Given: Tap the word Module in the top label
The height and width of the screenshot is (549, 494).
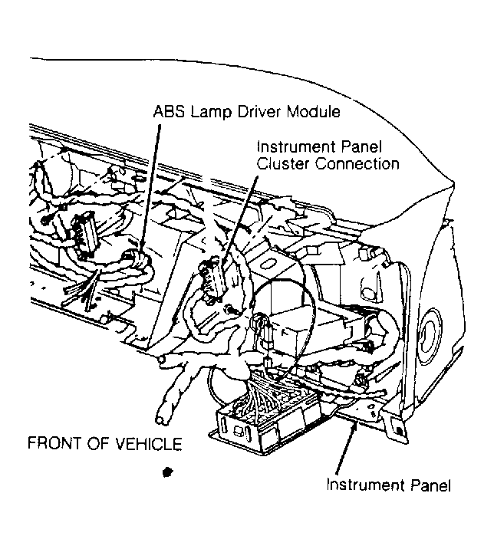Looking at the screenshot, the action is coord(314,111).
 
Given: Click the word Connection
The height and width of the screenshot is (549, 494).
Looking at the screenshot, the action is coord(357,163).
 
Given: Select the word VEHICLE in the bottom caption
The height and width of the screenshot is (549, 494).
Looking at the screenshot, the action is coord(149,444).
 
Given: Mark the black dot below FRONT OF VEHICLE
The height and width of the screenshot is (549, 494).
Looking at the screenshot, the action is coord(168,472).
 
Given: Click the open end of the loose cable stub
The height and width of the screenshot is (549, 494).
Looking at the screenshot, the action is coord(162,419).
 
